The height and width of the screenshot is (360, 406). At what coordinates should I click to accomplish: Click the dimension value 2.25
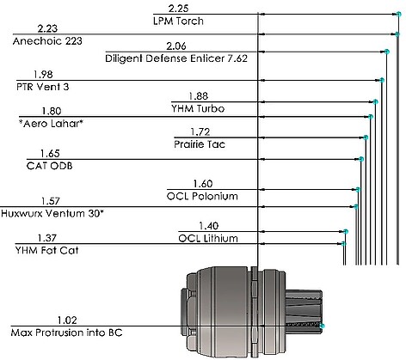pyautogui.click(x=178, y=9)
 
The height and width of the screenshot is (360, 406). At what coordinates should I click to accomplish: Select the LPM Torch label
pyautogui.click(x=178, y=21)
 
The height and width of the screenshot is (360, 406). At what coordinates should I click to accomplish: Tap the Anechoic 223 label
pyautogui.click(x=47, y=41)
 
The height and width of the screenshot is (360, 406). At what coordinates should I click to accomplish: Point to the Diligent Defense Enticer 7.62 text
pyautogui.click(x=176, y=58)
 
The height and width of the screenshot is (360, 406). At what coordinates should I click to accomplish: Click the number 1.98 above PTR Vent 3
pyautogui.click(x=43, y=75)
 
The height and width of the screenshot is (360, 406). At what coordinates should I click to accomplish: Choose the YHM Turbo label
pyautogui.click(x=198, y=109)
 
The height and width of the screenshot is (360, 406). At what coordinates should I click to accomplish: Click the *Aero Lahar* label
pyautogui.click(x=51, y=124)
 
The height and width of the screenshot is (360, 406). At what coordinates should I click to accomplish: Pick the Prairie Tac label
pyautogui.click(x=200, y=144)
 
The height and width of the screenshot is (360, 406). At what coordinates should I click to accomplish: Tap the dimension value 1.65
pyautogui.click(x=50, y=154)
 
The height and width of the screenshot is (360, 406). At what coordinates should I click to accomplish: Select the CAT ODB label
pyautogui.click(x=50, y=166)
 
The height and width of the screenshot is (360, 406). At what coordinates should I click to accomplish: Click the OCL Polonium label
pyautogui.click(x=202, y=197)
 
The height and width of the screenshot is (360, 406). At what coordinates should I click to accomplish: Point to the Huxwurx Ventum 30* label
pyautogui.click(x=52, y=214)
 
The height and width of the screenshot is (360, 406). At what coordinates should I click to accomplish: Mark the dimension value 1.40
pyautogui.click(x=209, y=226)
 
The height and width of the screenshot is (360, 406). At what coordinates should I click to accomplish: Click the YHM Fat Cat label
pyautogui.click(x=46, y=251)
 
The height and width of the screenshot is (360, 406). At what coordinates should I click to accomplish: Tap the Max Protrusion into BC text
pyautogui.click(x=66, y=333)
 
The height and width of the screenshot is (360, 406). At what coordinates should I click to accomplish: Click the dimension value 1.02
pyautogui.click(x=67, y=320)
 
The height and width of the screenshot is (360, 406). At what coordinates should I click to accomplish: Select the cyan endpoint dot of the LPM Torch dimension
pyautogui.click(x=398, y=14)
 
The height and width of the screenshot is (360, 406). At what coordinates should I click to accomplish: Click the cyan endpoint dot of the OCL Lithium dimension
pyautogui.click(x=346, y=231)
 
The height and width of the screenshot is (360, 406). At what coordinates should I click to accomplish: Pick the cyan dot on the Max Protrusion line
pyautogui.click(x=322, y=326)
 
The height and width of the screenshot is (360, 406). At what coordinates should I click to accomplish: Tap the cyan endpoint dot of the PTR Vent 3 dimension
pyautogui.click(x=382, y=80)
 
